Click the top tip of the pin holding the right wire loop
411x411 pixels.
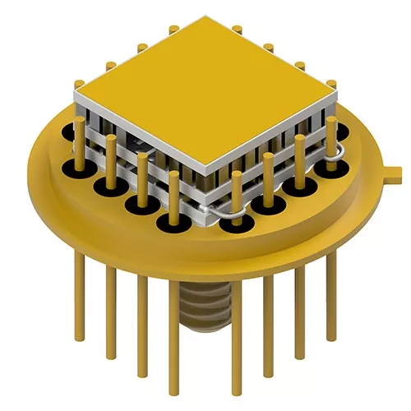(x=331, y=121)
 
